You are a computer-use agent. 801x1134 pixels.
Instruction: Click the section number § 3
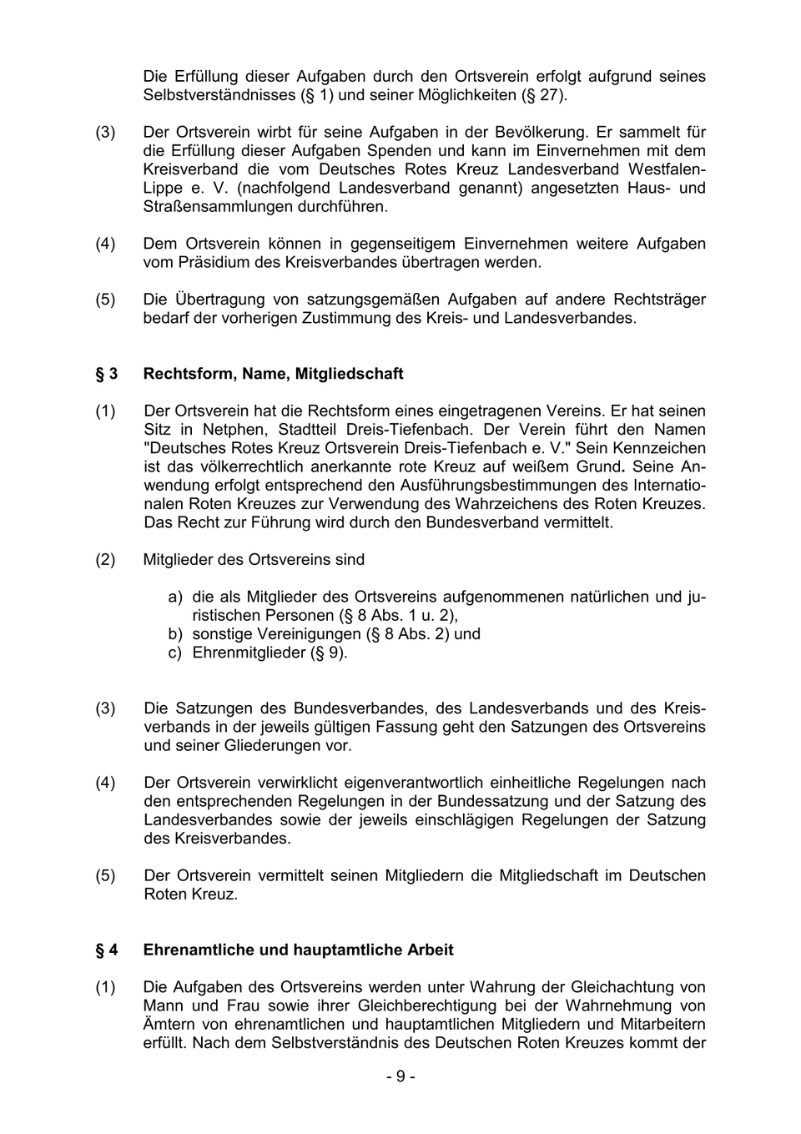coord(106,374)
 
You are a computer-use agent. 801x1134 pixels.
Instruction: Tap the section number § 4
coord(106,950)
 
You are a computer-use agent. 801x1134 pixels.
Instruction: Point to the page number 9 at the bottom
coord(400,1076)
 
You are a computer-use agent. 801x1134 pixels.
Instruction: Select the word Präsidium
coord(216,262)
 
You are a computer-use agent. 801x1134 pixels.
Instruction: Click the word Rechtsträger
coord(660,300)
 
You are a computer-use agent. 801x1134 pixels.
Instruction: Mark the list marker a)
coord(174,597)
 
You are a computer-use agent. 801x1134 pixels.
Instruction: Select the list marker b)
coord(174,634)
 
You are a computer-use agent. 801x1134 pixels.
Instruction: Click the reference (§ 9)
coord(329,653)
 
